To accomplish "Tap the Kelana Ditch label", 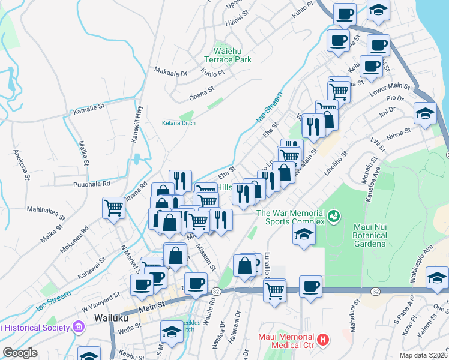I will (x=179, y=123).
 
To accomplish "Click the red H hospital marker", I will (x=324, y=340).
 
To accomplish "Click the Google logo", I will (x=20, y=352).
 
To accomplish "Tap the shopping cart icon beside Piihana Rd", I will (x=114, y=208).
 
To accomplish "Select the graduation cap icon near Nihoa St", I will (x=425, y=113).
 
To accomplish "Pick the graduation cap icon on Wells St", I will (x=172, y=332).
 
